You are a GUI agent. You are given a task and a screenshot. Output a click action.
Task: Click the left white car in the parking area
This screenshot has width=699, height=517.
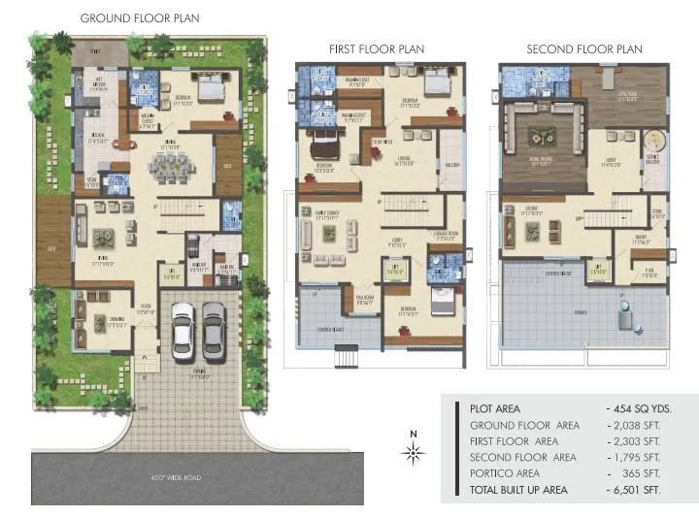[x=182, y=331]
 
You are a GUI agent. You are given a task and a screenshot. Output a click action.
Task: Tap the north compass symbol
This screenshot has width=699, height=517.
[x=413, y=451]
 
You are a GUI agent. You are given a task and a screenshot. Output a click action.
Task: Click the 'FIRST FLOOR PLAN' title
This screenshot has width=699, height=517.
[x=377, y=49]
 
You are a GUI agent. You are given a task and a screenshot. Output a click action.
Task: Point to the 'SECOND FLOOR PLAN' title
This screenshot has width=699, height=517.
[x=583, y=49]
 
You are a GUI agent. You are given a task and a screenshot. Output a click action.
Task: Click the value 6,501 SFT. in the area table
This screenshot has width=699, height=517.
[x=634, y=490]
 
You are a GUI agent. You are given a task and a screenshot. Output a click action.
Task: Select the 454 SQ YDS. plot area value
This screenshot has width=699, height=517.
[x=639, y=409]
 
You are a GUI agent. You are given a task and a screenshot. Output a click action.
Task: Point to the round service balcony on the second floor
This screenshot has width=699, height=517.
[x=652, y=145]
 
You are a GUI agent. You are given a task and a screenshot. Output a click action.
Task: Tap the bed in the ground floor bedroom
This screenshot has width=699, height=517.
[x=210, y=93]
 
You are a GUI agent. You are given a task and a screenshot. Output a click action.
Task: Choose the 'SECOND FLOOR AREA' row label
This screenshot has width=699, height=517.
[x=522, y=458]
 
